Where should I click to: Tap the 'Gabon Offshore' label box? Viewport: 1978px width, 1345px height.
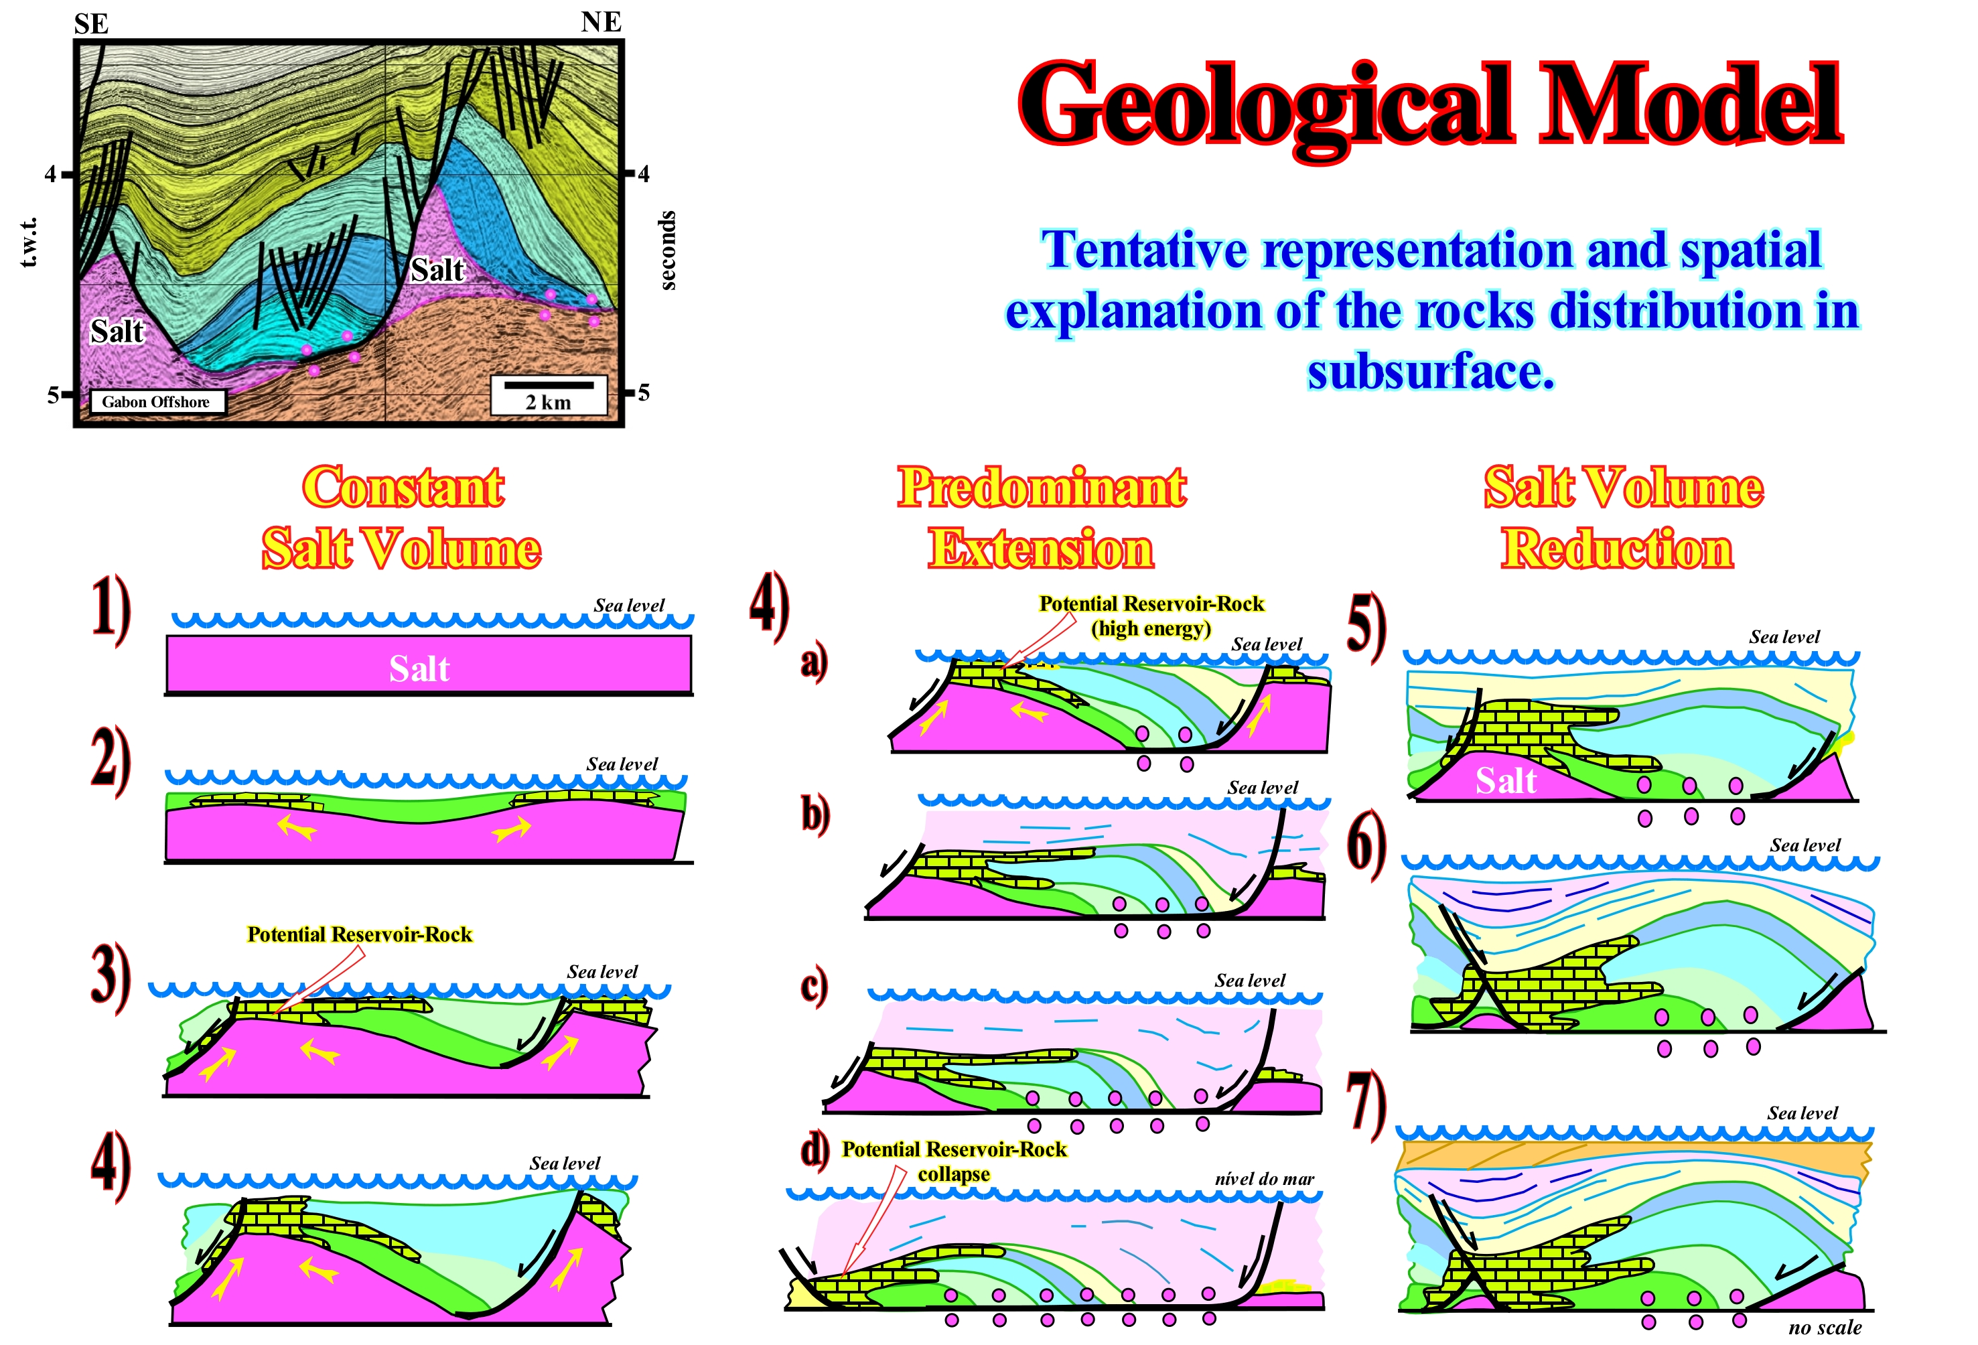point(157,402)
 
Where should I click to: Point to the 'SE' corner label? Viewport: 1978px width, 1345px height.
point(91,23)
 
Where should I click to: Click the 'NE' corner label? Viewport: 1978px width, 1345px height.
point(601,21)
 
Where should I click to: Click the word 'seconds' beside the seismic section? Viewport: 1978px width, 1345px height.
point(668,251)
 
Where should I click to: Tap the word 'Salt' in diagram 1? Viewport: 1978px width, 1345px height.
point(419,668)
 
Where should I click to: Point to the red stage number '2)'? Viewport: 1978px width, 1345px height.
point(111,761)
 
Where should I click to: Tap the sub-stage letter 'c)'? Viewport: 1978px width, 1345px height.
point(815,986)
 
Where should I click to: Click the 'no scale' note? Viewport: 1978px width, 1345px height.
point(1825,1327)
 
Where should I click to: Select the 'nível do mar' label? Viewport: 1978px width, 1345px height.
point(1264,1179)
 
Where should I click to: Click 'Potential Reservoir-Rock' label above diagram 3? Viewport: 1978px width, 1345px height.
point(359,934)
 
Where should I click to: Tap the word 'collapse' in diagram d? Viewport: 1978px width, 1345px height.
point(953,1174)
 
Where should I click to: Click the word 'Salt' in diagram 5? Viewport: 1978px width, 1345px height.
point(1506,780)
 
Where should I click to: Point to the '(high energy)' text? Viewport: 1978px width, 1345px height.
point(1151,629)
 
